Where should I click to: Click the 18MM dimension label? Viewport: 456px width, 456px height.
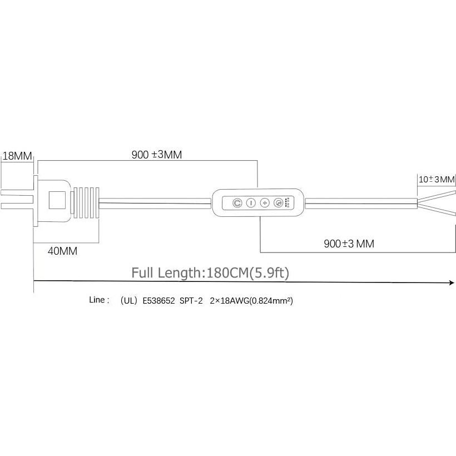17,156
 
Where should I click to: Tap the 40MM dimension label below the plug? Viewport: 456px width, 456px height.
62,251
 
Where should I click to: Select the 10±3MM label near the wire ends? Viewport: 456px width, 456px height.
436,180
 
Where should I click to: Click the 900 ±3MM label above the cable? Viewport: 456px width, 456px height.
157,155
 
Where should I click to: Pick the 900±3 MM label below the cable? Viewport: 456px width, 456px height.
349,244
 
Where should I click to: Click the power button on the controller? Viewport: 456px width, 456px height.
237,203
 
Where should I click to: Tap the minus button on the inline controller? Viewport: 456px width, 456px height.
251,203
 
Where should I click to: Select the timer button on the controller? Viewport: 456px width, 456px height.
278,203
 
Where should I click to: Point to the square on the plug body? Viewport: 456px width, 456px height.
57,200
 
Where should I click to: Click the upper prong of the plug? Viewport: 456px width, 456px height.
17,193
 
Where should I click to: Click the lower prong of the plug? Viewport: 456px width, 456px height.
17,206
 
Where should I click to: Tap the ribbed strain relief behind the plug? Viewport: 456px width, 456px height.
86,203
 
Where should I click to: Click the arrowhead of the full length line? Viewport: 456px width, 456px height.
452,282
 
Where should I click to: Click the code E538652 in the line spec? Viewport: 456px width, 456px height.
158,301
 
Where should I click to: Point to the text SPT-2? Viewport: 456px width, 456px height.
191,301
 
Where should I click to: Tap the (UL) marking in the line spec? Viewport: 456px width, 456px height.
128,301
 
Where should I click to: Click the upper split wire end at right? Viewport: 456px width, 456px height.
437,196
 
